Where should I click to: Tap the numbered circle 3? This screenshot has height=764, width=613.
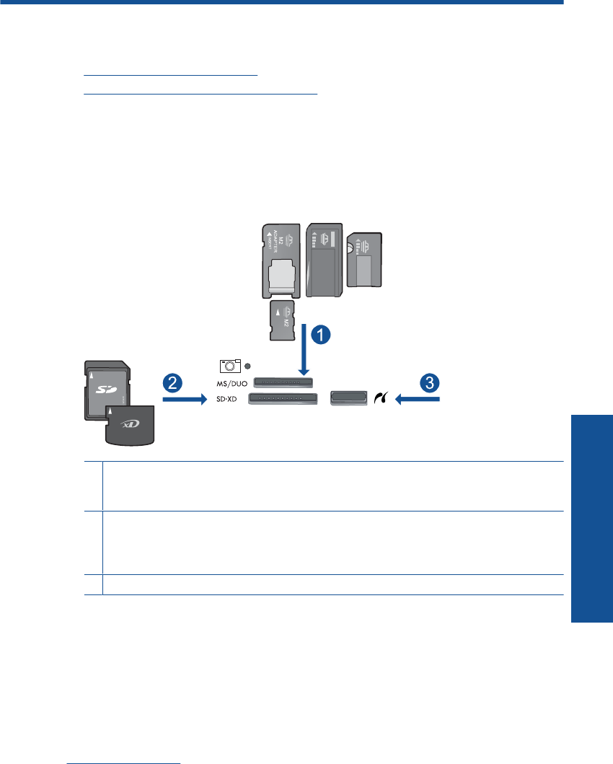pyautogui.click(x=430, y=382)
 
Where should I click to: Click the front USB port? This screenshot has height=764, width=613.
pyautogui.click(x=349, y=398)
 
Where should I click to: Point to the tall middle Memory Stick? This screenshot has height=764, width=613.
pyautogui.click(x=322, y=260)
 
